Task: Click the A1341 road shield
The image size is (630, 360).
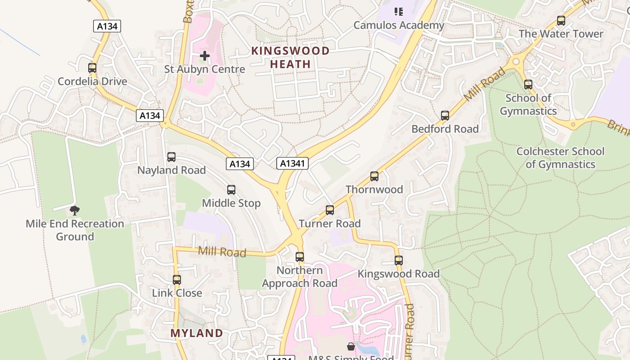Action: tap(292, 163)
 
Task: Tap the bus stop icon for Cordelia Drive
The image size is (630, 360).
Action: tap(92, 68)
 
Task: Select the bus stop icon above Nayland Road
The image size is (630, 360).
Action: tap(171, 157)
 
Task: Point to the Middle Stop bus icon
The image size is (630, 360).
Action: tap(231, 190)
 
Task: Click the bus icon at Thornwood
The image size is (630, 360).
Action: tap(374, 176)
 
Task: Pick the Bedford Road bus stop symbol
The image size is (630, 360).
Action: tap(445, 116)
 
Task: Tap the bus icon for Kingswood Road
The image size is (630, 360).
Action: tap(399, 261)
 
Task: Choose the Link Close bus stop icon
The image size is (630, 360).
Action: tap(177, 280)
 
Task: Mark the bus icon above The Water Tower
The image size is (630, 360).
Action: tap(561, 21)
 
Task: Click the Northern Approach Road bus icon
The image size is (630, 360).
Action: tap(300, 257)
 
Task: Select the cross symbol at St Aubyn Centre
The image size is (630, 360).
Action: tap(205, 56)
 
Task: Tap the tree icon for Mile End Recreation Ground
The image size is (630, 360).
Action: tap(75, 210)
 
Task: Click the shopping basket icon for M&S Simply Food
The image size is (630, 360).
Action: tap(351, 346)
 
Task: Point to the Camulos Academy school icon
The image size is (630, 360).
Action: tap(399, 12)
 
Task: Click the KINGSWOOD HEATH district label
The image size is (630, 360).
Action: tap(291, 58)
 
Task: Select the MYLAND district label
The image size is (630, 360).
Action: tap(197, 333)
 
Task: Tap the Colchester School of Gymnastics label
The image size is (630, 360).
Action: tap(560, 157)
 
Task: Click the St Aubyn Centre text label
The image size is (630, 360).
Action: tap(205, 69)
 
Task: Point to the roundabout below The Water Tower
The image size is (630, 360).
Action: tap(516, 62)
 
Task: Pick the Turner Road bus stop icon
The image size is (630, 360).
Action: tap(330, 210)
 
